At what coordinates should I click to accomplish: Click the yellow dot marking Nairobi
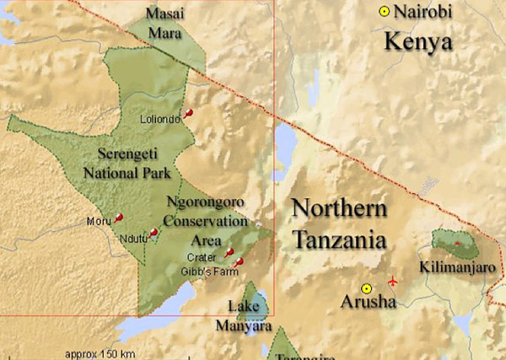click(385, 12)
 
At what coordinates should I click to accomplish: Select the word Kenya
click(417, 41)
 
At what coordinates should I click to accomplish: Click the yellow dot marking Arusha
click(366, 288)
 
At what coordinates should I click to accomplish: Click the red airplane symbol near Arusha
click(392, 280)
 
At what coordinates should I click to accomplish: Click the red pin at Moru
click(118, 218)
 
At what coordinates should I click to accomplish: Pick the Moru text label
click(99, 222)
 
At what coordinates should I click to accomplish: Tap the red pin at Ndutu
click(153, 232)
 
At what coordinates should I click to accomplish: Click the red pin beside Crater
click(229, 252)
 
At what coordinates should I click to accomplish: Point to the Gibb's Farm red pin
click(238, 264)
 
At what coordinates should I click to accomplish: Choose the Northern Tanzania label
click(339, 224)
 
